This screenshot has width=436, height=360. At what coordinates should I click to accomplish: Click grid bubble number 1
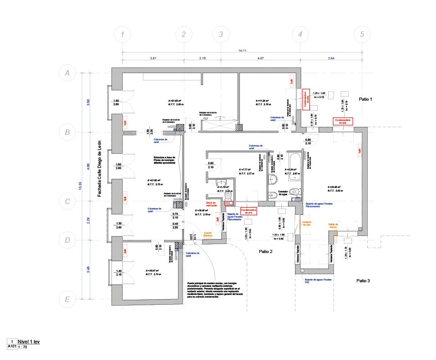(122, 35)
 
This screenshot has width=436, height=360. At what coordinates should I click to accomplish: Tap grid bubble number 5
(362, 35)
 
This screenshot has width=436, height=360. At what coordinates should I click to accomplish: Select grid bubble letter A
(68, 73)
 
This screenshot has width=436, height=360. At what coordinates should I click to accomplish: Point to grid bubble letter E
(68, 299)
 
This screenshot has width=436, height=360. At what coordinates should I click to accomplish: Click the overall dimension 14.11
(242, 50)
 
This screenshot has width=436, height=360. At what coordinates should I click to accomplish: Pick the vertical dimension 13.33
(80, 186)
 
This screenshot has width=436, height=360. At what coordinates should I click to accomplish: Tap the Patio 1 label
(365, 98)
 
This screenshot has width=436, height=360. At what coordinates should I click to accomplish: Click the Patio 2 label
(266, 252)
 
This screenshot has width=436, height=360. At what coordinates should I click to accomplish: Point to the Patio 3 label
(363, 280)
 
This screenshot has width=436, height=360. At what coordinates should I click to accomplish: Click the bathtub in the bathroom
(294, 160)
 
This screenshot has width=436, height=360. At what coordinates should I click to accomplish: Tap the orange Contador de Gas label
(307, 224)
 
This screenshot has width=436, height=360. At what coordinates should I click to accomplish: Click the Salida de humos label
(333, 226)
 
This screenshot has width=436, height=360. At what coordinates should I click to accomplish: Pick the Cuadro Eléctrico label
(208, 234)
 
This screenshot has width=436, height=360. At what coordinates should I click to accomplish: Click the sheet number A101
(12, 347)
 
